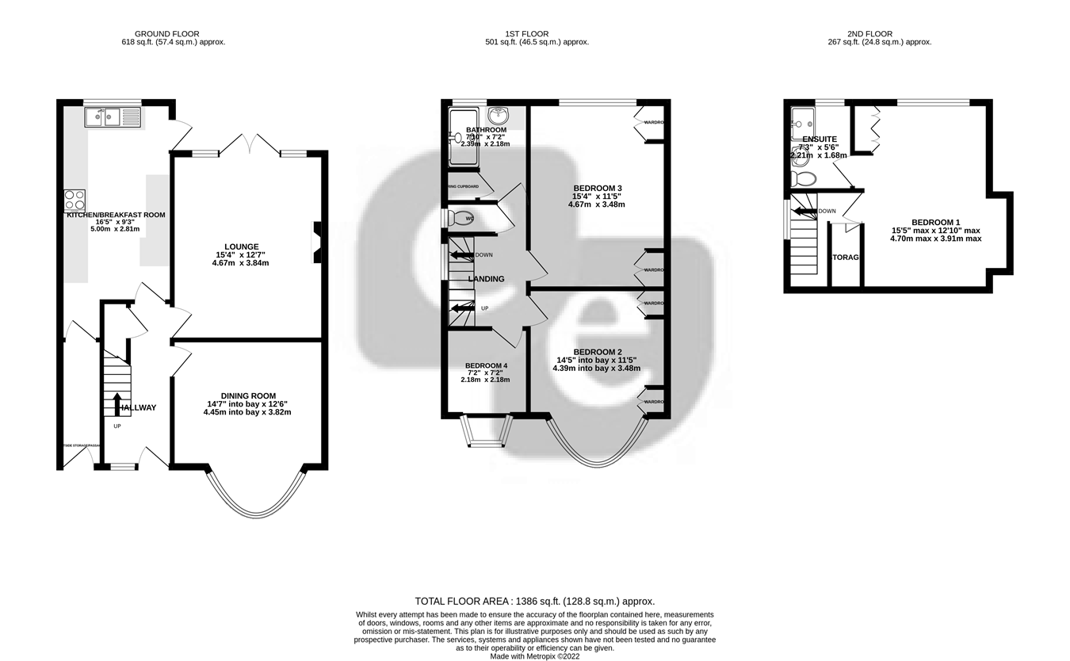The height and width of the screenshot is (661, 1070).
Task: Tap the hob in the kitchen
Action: point(75,201)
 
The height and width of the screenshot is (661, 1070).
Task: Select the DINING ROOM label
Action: point(247,395)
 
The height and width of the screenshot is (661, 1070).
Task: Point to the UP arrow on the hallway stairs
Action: point(117,403)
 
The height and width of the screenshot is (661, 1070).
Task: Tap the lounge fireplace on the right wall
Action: point(316,242)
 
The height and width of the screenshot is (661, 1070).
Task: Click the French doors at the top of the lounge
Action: point(249,144)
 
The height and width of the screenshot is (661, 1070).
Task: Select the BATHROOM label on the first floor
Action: point(486,130)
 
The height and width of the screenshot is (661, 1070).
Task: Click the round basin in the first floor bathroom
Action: point(499,117)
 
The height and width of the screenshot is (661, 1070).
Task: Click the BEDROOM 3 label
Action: point(596,188)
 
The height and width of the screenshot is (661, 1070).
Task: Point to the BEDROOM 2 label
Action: point(597,352)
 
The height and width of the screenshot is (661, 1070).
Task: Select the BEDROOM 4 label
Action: point(485,365)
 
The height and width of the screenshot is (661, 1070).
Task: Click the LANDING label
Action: point(486,279)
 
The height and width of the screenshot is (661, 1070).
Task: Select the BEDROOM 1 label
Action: point(935,222)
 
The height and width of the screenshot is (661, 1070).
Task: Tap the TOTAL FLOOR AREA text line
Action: point(535,601)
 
